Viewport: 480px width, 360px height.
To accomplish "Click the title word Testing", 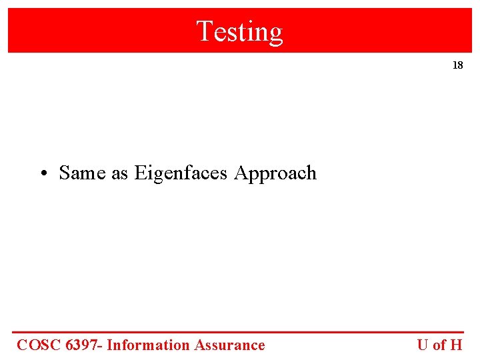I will [239, 31].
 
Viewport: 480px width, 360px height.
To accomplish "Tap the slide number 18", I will [457, 65].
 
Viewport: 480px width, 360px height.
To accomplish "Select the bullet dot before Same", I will [42, 174].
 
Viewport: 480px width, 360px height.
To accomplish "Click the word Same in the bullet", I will [82, 173].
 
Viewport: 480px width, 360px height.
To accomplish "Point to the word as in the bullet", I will [119, 173].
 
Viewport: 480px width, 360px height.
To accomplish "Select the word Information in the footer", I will [148, 345].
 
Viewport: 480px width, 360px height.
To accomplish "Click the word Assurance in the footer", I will [229, 345].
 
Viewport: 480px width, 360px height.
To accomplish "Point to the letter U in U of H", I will [423, 345].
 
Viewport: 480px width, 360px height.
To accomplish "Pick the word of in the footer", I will [439, 345].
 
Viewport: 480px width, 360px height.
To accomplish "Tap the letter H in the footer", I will [456, 345].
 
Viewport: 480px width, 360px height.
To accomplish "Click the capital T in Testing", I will [204, 31].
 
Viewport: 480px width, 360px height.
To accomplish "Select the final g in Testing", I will [276, 33].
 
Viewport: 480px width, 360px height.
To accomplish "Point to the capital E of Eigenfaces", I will [139, 173].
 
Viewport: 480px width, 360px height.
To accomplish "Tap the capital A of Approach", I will [241, 173].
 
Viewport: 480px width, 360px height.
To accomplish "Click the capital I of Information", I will [109, 345].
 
